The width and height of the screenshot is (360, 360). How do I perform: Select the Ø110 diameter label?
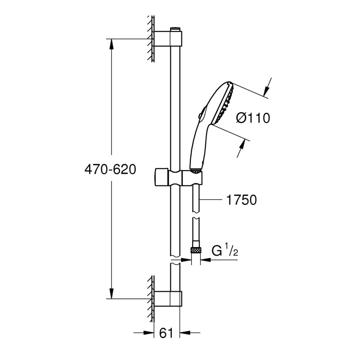(252, 119)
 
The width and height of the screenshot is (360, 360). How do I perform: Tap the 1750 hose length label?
(241, 199)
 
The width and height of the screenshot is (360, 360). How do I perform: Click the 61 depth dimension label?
(166, 333)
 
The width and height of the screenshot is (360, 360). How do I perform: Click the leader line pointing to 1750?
(211, 199)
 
